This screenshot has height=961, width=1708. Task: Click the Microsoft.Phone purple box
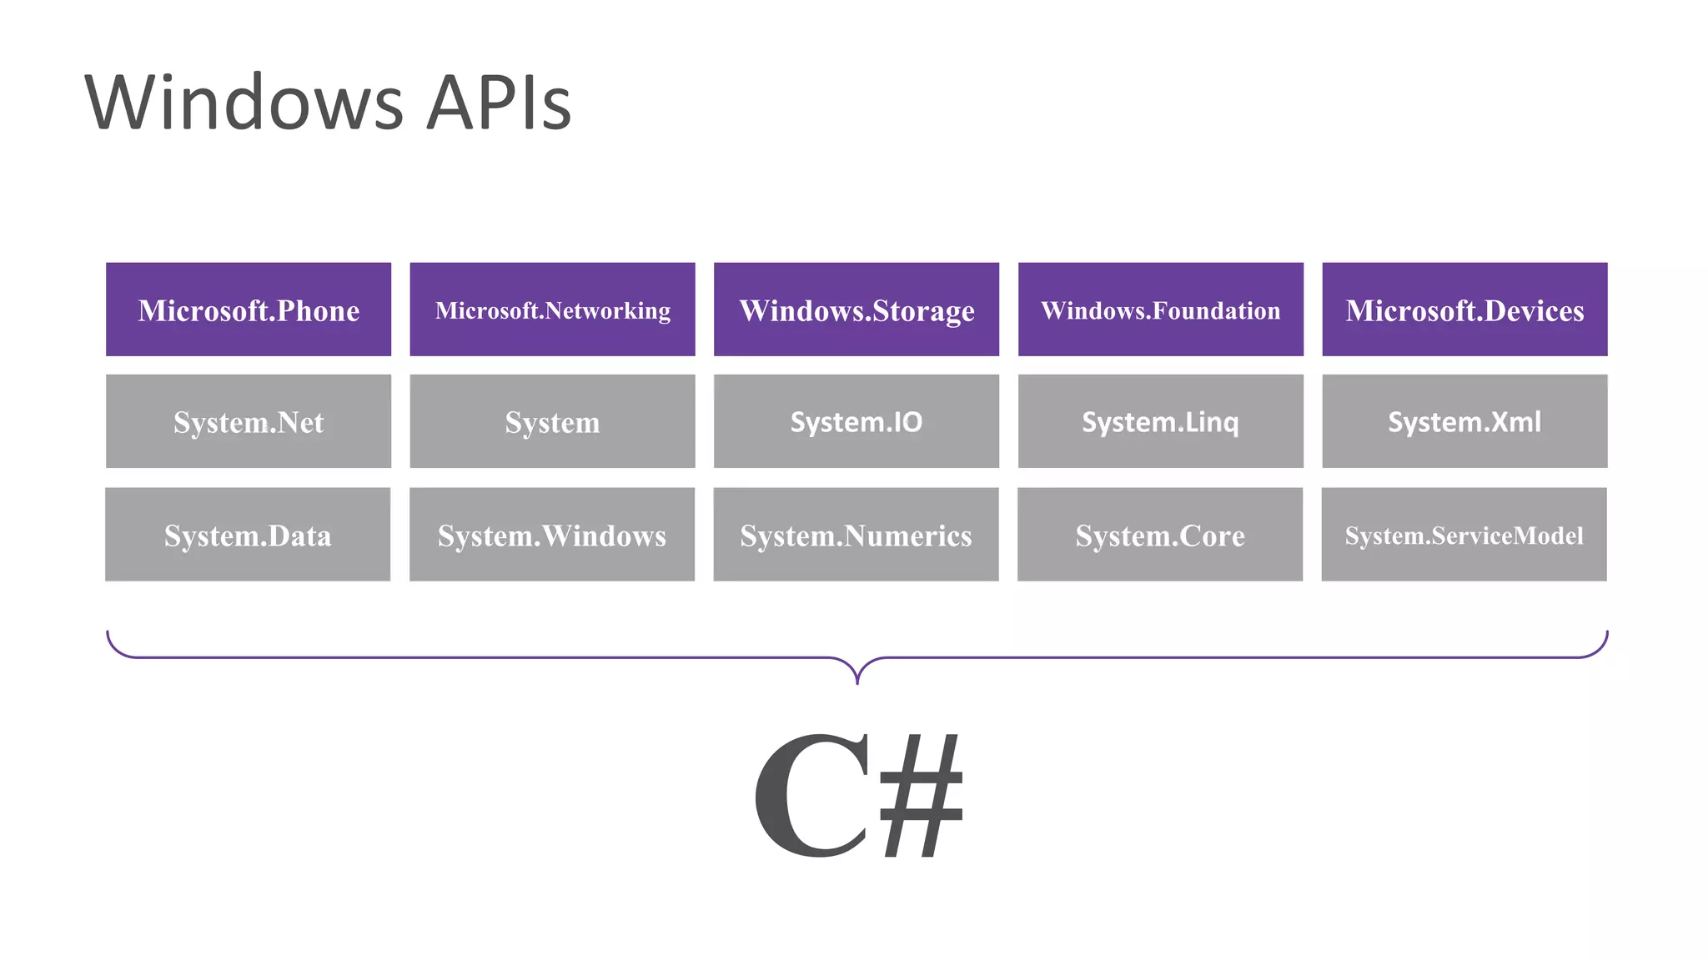click(249, 309)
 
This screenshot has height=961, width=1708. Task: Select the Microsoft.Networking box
click(552, 309)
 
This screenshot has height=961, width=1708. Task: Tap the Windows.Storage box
click(857, 309)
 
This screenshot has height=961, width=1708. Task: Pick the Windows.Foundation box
click(1160, 309)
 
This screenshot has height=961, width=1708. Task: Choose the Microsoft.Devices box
click(1464, 309)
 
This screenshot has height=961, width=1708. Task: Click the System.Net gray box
click(249, 421)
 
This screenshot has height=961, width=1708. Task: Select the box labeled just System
click(552, 421)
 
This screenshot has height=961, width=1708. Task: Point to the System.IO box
click(857, 421)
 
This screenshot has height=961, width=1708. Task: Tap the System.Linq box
click(1160, 421)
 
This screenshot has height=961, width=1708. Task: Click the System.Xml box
click(1464, 421)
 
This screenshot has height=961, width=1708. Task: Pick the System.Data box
click(248, 535)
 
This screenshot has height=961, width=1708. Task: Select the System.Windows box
click(552, 535)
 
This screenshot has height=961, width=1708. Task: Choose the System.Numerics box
click(856, 535)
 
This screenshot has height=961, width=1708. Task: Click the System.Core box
click(1160, 535)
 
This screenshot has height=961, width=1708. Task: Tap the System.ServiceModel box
click(1464, 535)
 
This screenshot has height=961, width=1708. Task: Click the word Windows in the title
click(244, 103)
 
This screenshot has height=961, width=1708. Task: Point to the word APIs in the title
click(498, 103)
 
